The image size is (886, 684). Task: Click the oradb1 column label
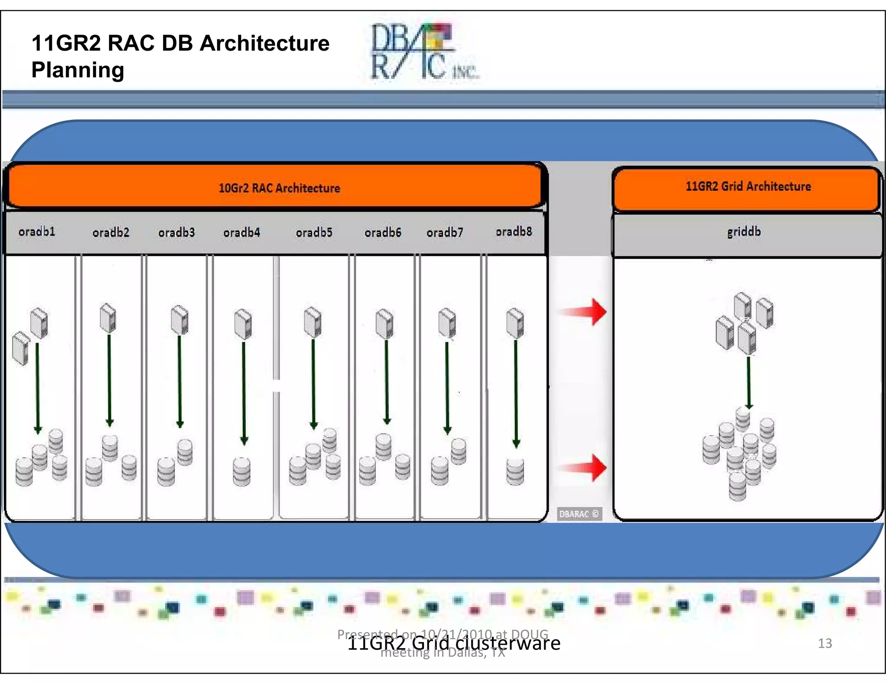click(x=37, y=232)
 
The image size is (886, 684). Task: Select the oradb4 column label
click(x=241, y=233)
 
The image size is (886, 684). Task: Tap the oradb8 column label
click(x=514, y=231)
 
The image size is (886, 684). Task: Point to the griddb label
click(x=744, y=232)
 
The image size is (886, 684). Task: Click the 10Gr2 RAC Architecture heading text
click(x=279, y=188)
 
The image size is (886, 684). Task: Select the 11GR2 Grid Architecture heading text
click(x=748, y=186)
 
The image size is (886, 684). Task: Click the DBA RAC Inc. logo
click(x=422, y=52)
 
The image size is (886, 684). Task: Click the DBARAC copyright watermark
click(x=579, y=514)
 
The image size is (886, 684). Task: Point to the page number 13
click(x=825, y=643)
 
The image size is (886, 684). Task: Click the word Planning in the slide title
click(x=78, y=70)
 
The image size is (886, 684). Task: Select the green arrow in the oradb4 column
click(x=244, y=391)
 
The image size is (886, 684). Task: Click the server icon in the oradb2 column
click(x=108, y=318)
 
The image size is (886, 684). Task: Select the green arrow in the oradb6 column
click(x=387, y=380)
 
